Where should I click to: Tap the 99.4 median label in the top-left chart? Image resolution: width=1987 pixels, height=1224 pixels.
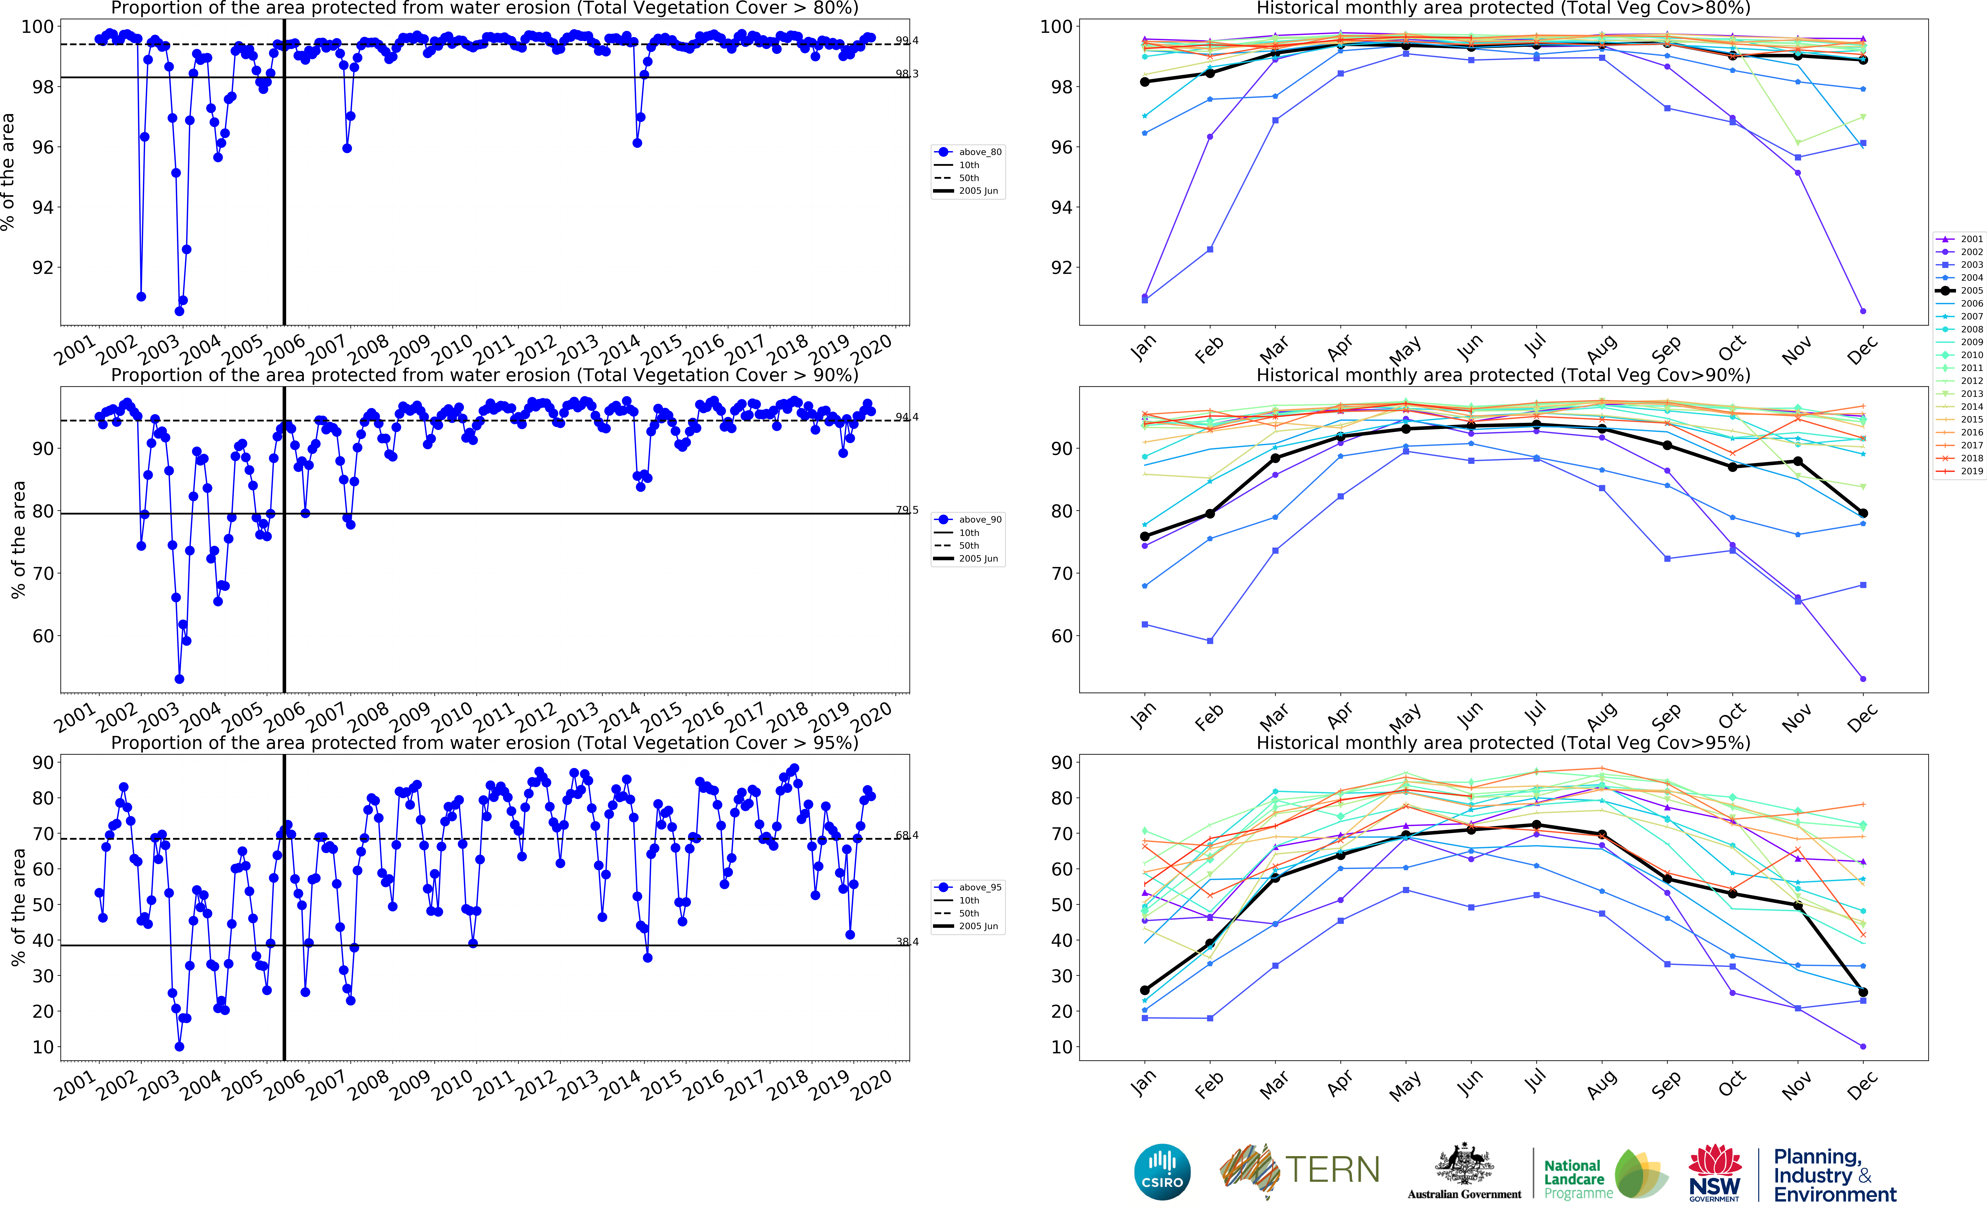[x=906, y=40]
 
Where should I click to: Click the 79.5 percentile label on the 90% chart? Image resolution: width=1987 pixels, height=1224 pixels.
[x=906, y=510]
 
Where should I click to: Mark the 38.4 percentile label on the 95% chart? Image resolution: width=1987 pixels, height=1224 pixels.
[x=906, y=941]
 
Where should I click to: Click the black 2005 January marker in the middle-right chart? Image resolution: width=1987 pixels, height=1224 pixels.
[x=1145, y=537]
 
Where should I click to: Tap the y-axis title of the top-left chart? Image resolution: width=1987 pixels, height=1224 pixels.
[x=8, y=172]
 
